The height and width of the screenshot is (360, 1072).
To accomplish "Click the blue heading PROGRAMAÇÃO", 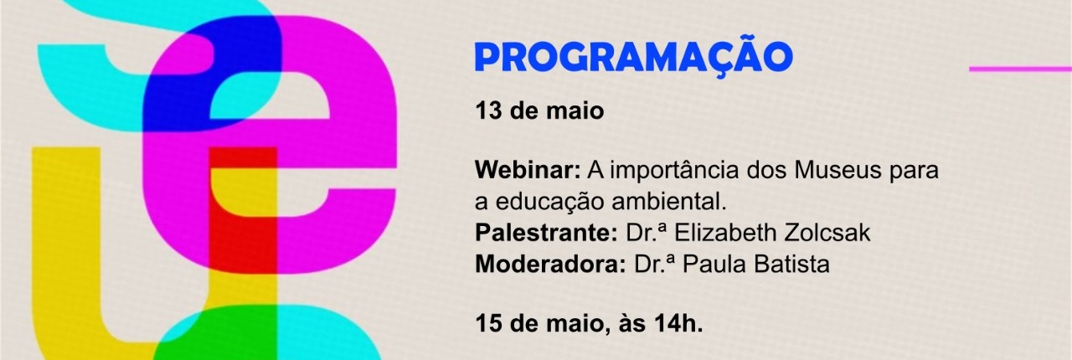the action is pyautogui.click(x=634, y=56).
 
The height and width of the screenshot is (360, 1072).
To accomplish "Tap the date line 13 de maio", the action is pyautogui.click(x=539, y=111).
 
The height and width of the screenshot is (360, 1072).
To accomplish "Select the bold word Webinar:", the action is pyautogui.click(x=528, y=170).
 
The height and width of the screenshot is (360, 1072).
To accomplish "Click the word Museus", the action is pyautogui.click(x=837, y=170).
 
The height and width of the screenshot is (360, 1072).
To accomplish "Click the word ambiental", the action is pyautogui.click(x=669, y=202).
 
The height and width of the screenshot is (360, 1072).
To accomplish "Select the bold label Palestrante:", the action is pyautogui.click(x=546, y=233).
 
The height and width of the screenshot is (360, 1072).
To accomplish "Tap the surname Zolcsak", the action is pyautogui.click(x=827, y=233).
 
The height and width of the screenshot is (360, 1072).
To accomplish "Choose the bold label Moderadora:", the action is pyautogui.click(x=550, y=265).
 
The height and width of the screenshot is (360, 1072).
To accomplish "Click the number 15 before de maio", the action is pyautogui.click(x=488, y=324).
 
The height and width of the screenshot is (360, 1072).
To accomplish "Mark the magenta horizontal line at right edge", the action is pyautogui.click(x=1020, y=69).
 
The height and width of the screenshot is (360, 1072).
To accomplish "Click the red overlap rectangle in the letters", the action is pyautogui.click(x=243, y=211).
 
